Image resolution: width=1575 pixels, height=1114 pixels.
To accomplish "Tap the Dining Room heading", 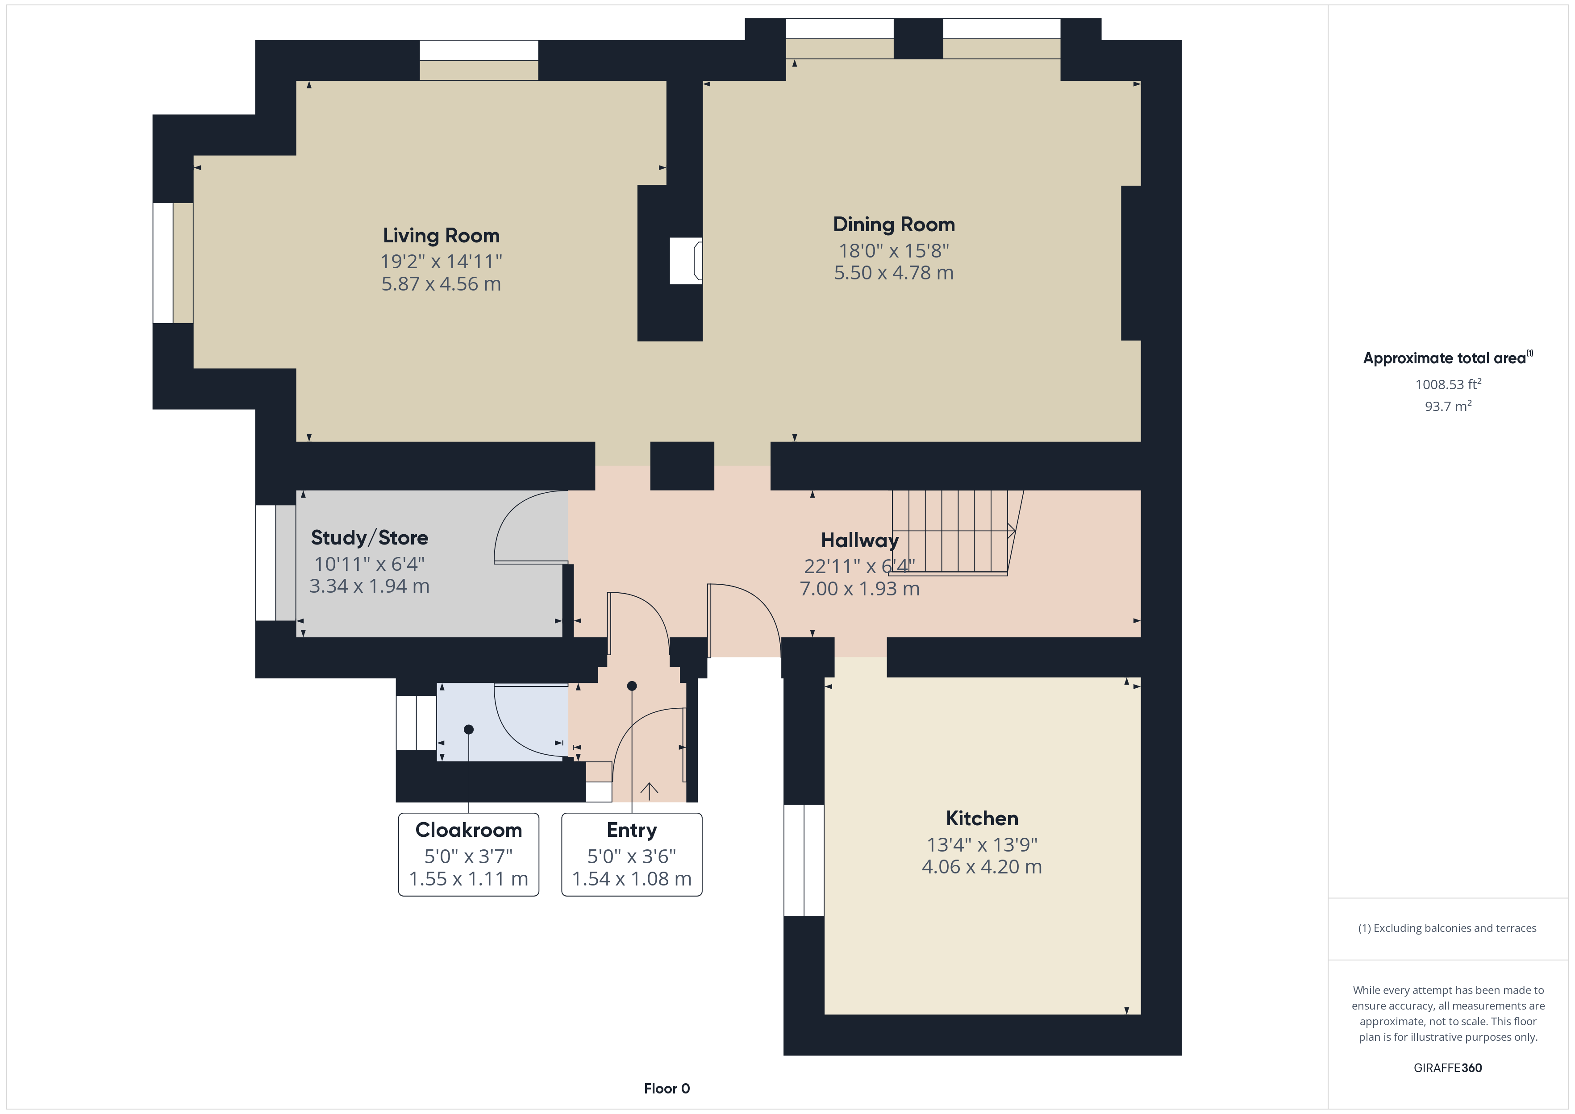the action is click(x=894, y=224).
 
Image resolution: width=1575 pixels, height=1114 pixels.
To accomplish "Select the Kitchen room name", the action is click(x=982, y=819).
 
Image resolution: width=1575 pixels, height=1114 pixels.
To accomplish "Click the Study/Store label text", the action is click(x=369, y=538).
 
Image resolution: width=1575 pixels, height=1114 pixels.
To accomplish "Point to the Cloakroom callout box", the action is click(x=468, y=855).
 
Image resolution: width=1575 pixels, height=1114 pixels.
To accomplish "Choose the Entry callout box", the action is click(x=632, y=855).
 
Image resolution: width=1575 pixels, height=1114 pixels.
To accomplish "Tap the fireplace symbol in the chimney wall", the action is click(x=686, y=261).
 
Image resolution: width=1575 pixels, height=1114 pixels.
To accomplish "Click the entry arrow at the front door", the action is click(x=649, y=791).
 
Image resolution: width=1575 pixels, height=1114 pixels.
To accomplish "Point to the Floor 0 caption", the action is click(x=667, y=1089).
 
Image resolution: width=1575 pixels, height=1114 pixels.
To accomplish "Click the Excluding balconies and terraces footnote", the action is click(x=1447, y=928).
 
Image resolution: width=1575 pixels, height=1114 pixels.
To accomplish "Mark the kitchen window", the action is click(x=804, y=860).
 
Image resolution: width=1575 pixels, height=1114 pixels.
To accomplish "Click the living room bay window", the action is click(x=173, y=263).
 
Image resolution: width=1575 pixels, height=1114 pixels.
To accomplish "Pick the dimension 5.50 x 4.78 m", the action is click(x=894, y=273).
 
